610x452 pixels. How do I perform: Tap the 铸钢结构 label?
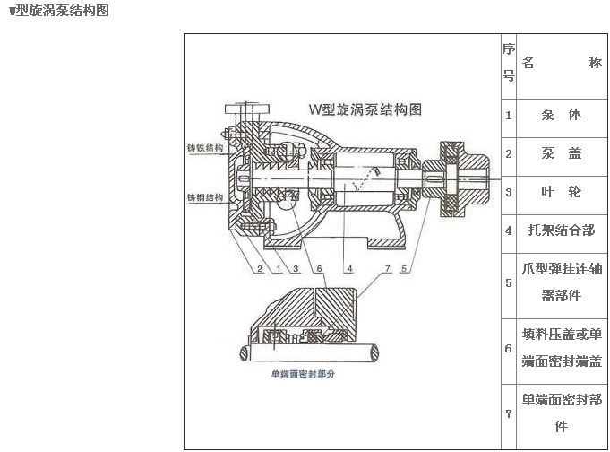(205, 197)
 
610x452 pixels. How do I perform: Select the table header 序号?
(509, 62)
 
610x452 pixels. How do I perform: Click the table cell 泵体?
(562, 115)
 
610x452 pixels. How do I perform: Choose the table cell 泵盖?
(562, 153)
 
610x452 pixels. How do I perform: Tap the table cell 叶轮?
(562, 192)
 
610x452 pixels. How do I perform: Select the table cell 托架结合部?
(562, 230)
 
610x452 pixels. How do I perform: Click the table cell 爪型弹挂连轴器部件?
(562, 282)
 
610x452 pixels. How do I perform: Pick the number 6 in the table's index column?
(509, 348)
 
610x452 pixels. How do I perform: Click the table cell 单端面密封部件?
(562, 413)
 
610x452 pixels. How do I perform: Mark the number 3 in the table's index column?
(509, 192)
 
